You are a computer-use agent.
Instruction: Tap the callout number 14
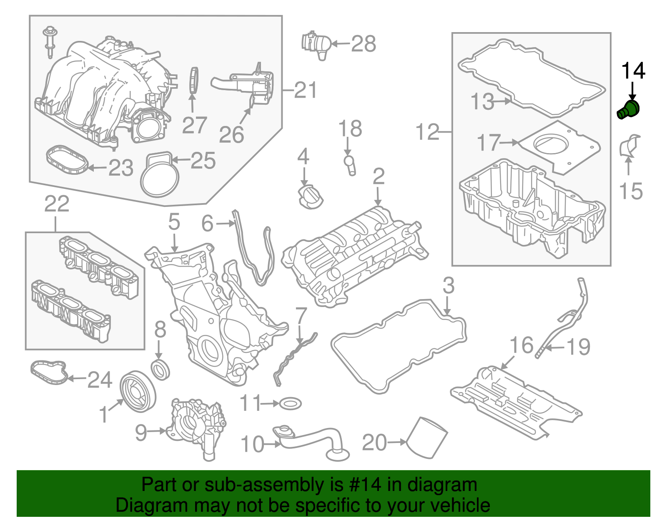click(633, 71)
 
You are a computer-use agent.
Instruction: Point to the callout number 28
click(364, 43)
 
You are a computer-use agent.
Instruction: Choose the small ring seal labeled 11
click(290, 403)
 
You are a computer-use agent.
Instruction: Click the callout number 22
click(57, 204)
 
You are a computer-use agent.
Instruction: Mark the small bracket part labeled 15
click(629, 146)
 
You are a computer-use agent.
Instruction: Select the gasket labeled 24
click(49, 372)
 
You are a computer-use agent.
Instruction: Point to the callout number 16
click(522, 345)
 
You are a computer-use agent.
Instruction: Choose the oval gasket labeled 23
click(67, 160)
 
